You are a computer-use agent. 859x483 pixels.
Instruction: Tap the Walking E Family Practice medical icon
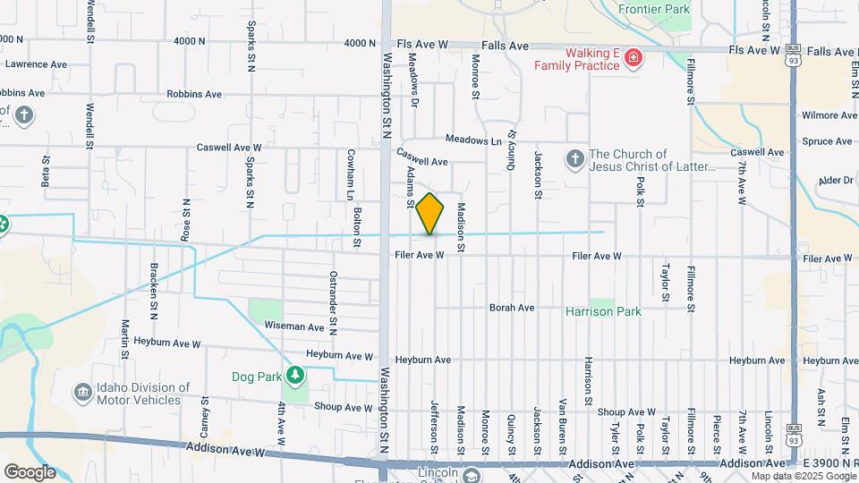(x=634, y=59)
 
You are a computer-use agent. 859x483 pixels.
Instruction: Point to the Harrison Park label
(x=603, y=312)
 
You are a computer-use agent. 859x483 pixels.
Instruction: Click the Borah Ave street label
(x=512, y=308)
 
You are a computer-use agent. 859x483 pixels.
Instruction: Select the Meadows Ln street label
(x=473, y=140)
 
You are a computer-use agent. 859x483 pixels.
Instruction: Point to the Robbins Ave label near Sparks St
(x=194, y=94)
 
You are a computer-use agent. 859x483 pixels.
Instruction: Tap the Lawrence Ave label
(x=36, y=64)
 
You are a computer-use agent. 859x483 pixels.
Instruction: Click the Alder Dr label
(x=836, y=180)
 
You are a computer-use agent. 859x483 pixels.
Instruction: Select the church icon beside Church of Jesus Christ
(x=574, y=159)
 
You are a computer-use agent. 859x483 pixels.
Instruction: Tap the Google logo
(x=30, y=471)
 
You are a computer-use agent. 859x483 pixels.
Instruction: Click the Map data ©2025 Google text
(x=803, y=476)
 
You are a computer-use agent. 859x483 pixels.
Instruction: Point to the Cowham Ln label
(x=351, y=174)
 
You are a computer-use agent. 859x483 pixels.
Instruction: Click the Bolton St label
(x=357, y=226)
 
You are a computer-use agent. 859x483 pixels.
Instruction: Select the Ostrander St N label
(x=333, y=291)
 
